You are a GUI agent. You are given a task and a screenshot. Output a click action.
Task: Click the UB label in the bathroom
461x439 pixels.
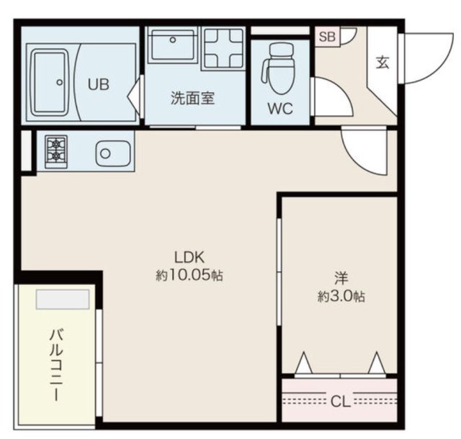point(99,83)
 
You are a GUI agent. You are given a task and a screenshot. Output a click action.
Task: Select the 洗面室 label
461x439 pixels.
point(192,99)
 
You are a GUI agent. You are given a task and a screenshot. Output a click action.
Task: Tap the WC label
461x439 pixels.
point(279,110)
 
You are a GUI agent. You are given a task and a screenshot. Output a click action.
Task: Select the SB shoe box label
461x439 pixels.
point(326,37)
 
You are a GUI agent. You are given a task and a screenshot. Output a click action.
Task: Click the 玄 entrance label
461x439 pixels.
point(382,63)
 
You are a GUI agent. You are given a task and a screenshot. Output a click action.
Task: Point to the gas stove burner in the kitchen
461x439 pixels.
point(55,152)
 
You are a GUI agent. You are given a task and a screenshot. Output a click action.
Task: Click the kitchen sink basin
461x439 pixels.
point(106,153)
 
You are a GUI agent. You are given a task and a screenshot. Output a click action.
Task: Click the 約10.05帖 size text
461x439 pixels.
point(189,274)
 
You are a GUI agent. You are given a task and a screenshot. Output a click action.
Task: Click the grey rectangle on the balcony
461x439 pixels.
point(63,299)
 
